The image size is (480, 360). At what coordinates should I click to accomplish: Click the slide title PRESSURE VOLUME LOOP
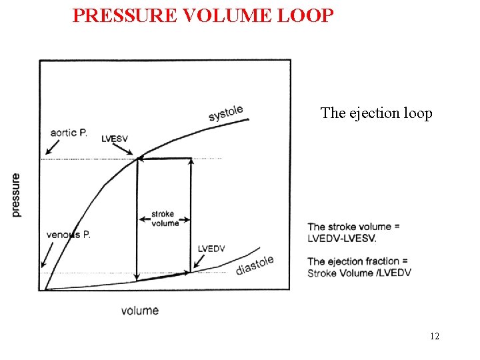click(x=202, y=15)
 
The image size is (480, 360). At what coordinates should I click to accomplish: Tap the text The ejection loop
click(x=376, y=113)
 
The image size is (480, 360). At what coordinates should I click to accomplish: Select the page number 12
click(x=435, y=336)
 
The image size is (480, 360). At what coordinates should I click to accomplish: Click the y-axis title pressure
click(x=16, y=195)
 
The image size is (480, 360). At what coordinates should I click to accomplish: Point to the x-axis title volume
click(x=140, y=310)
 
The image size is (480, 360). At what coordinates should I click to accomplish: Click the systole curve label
click(x=226, y=113)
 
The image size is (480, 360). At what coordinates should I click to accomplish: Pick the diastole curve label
click(x=255, y=265)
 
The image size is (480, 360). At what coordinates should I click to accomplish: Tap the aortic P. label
click(x=69, y=133)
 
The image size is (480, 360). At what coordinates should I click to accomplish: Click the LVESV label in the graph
click(x=115, y=139)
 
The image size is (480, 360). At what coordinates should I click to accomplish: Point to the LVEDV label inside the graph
click(x=211, y=249)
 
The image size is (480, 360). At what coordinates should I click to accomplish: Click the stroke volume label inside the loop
click(x=164, y=219)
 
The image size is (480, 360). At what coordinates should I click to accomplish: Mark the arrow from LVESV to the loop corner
click(x=129, y=151)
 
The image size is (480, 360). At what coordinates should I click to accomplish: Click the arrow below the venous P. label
click(x=46, y=255)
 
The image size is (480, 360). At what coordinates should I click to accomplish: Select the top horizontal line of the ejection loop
click(x=164, y=159)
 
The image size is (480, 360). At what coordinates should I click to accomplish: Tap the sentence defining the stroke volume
click(x=353, y=232)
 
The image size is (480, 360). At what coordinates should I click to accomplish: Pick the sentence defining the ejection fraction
click(x=359, y=267)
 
